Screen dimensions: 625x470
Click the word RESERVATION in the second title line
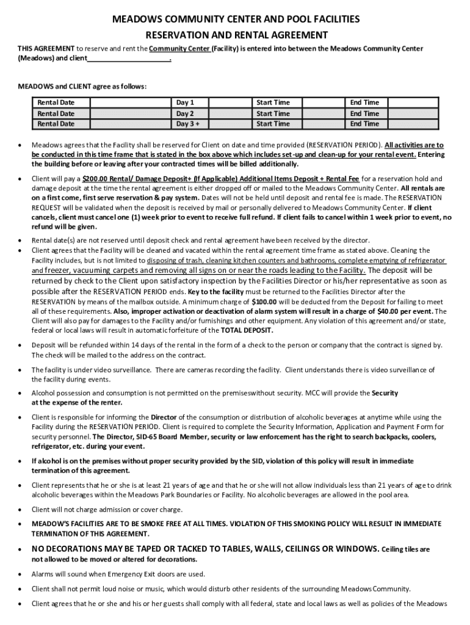(181, 35)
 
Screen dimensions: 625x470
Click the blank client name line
(128, 60)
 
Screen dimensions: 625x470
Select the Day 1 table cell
(185, 103)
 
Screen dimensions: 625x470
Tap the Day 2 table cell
(185, 114)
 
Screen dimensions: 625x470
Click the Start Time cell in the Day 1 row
(273, 103)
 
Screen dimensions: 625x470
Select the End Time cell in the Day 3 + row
(364, 124)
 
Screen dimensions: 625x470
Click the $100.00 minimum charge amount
(267, 302)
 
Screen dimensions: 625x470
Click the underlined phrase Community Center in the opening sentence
(179, 49)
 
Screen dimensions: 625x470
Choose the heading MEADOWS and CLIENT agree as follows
(82, 86)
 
